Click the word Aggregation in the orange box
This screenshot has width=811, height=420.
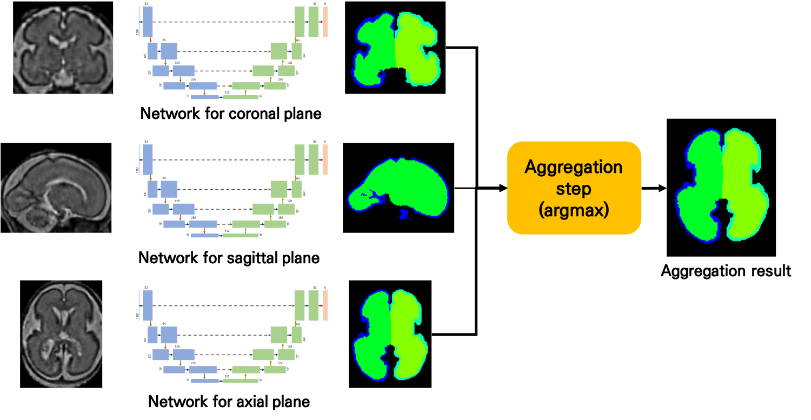(x=574, y=167)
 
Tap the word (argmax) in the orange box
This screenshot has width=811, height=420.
(x=574, y=210)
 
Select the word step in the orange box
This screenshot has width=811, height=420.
(x=574, y=189)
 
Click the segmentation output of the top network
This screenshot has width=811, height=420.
(x=396, y=50)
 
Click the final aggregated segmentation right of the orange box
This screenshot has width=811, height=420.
(x=722, y=185)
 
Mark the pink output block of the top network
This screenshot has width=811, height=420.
(x=325, y=22)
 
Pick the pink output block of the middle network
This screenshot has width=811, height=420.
(x=325, y=160)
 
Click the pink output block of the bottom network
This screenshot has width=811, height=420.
(x=325, y=306)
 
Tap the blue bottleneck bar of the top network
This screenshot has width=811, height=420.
(x=205, y=97)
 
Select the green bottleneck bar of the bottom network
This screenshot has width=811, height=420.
(x=241, y=381)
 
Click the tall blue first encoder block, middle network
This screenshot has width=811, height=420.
(x=148, y=160)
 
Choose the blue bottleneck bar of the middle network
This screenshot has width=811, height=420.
(x=205, y=236)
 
